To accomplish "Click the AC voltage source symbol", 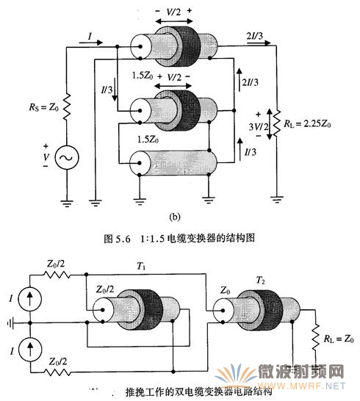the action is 67,157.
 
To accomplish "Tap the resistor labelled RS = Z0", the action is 67,107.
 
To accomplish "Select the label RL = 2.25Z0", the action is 307,124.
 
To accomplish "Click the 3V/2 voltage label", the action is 259,126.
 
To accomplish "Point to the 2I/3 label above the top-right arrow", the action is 255,36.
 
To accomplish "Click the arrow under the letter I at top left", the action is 91,43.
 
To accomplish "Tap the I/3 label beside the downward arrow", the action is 107,90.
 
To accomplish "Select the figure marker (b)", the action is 175,217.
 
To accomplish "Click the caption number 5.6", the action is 123,239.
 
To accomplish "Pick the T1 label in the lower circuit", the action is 141,266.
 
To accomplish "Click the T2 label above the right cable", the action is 260,281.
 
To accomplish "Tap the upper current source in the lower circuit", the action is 30,299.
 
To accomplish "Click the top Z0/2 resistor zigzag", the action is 57,275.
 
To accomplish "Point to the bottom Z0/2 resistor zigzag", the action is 57,372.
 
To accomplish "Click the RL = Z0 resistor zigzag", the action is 315,338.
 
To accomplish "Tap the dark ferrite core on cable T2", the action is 269,310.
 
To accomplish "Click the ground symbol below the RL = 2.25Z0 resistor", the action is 277,199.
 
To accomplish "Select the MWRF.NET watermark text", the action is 301,386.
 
